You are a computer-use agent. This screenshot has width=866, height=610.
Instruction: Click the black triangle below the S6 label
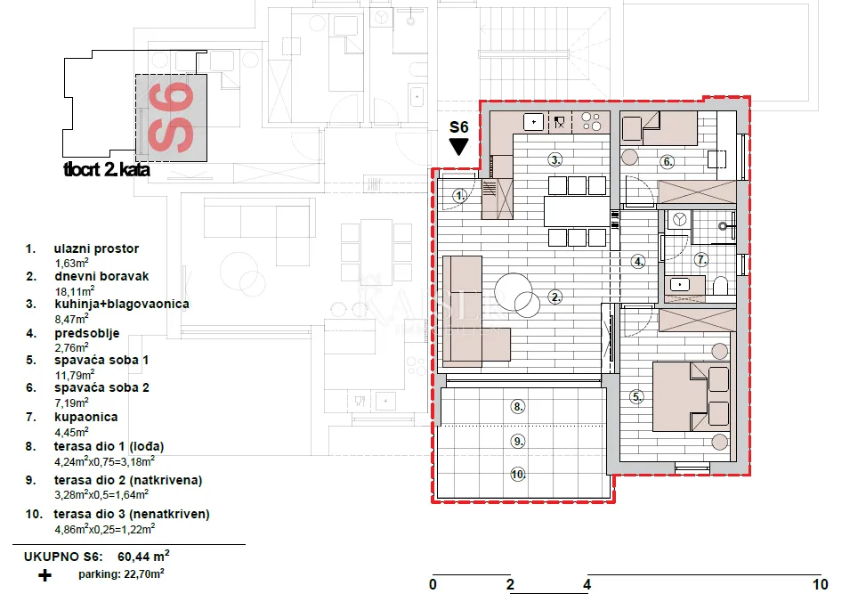pyautogui.click(x=459, y=146)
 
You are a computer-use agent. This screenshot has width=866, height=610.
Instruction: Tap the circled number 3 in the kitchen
pyautogui.click(x=555, y=160)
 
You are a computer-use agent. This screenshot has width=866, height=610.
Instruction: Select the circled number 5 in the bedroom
pyautogui.click(x=636, y=396)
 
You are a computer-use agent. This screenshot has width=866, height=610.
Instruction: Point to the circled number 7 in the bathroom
pyautogui.click(x=700, y=259)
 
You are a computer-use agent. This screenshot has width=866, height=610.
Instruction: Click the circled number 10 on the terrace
pyautogui.click(x=517, y=475)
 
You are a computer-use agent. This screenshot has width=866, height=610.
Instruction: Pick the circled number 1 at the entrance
pyautogui.click(x=459, y=195)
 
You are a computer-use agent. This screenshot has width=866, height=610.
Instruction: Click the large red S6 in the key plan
pyautogui.click(x=171, y=118)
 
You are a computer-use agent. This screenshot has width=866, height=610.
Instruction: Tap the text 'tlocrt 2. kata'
pyautogui.click(x=107, y=169)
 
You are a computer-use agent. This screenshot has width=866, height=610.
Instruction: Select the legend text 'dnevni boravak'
pyautogui.click(x=101, y=276)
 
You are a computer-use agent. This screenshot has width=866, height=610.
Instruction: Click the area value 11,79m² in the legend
pyautogui.click(x=75, y=375)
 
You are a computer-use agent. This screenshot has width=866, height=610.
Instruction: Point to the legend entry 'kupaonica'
pyautogui.click(x=86, y=417)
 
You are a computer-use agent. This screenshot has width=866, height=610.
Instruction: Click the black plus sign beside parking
pyautogui.click(x=45, y=576)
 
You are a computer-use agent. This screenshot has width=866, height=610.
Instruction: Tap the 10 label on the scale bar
pyautogui.click(x=820, y=584)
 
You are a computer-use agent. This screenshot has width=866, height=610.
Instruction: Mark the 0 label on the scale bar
pyautogui.click(x=433, y=584)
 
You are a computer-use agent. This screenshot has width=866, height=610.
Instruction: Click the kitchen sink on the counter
pyautogui.click(x=533, y=122)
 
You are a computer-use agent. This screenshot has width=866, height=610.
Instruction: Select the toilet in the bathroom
pyautogui.click(x=720, y=286)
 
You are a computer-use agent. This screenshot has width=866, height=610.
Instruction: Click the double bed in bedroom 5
pyautogui.click(x=691, y=396)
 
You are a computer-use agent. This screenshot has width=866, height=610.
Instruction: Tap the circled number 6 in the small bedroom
pyautogui.click(x=668, y=162)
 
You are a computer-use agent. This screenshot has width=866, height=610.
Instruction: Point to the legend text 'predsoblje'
pyautogui.click(x=86, y=333)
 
